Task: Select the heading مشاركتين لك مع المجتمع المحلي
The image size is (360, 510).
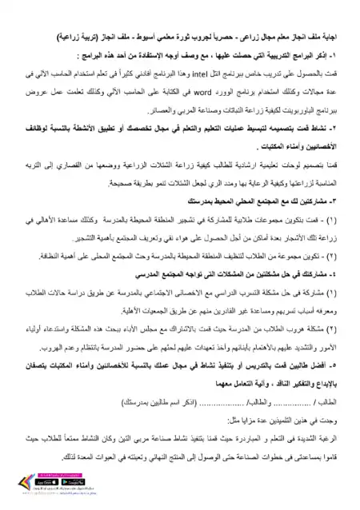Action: (x=272, y=197)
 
